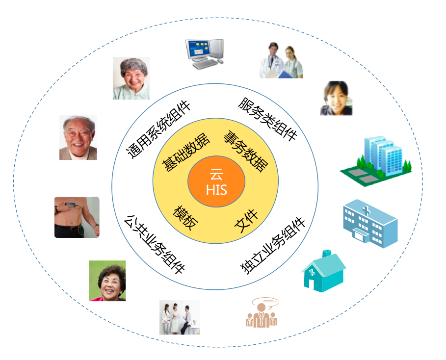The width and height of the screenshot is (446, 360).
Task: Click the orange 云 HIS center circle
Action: (x=216, y=182)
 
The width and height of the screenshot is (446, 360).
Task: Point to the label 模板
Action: (x=186, y=217)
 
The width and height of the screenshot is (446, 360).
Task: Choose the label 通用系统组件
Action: (x=159, y=129)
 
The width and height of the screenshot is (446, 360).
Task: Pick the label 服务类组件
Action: (x=268, y=120)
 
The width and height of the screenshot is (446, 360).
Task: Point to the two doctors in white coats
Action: (x=281, y=60)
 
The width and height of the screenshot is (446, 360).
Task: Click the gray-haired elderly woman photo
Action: (x=131, y=78)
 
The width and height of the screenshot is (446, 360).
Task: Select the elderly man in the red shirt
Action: (x=78, y=137)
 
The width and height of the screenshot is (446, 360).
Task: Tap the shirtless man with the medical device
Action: (x=77, y=217)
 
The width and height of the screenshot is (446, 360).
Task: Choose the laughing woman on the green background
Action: (x=107, y=281)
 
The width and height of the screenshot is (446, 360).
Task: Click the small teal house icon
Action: (x=323, y=271)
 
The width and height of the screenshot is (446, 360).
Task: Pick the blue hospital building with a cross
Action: (x=369, y=223)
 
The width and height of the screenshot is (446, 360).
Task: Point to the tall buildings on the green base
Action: (x=380, y=160)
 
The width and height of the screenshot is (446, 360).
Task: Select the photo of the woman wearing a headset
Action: (x=337, y=98)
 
